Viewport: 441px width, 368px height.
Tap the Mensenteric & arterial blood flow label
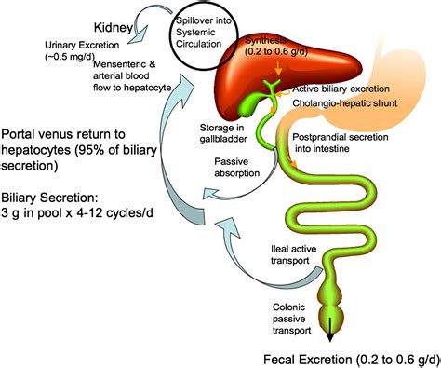tap(91, 85)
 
